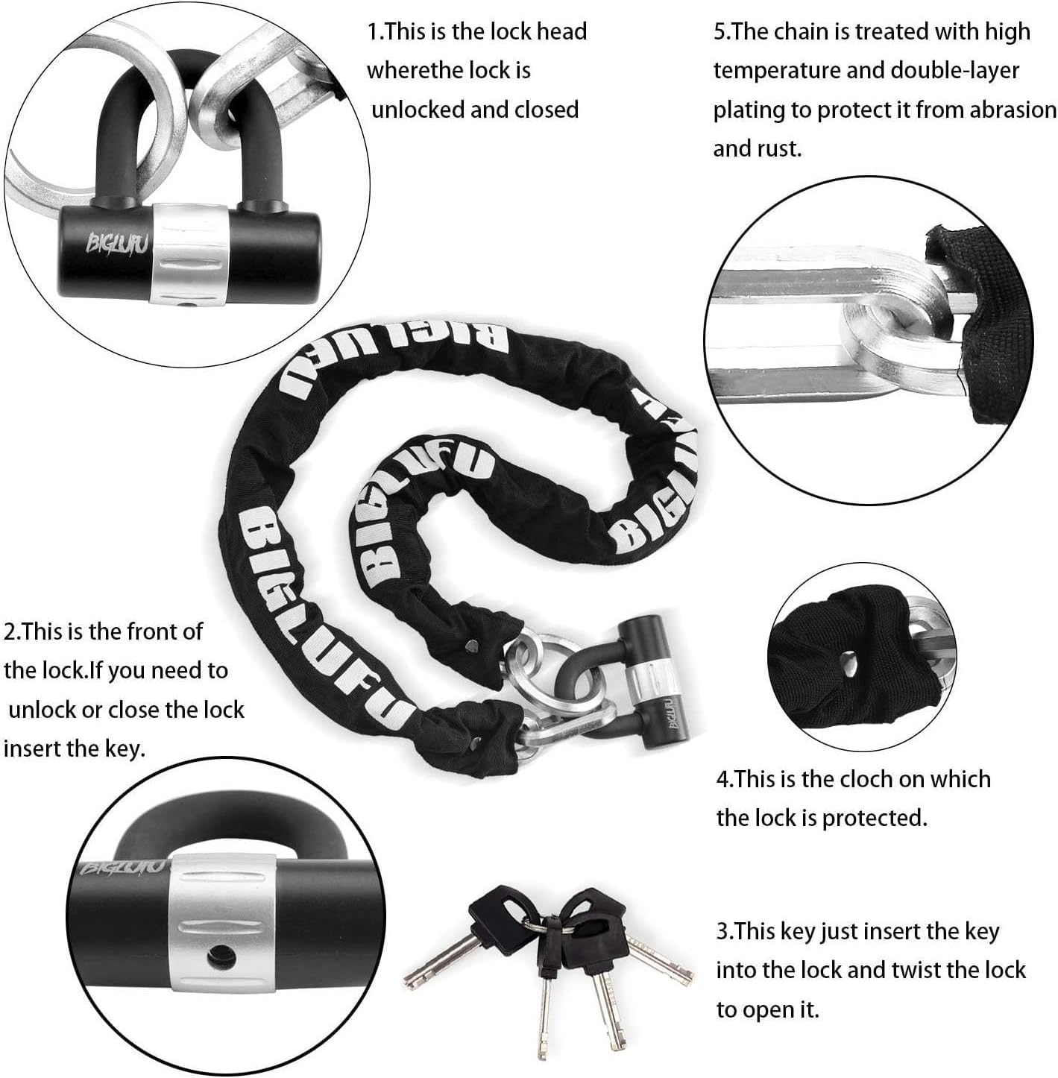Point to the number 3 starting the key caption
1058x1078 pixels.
[x=722, y=931]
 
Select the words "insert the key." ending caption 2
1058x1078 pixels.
[x=74, y=749]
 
